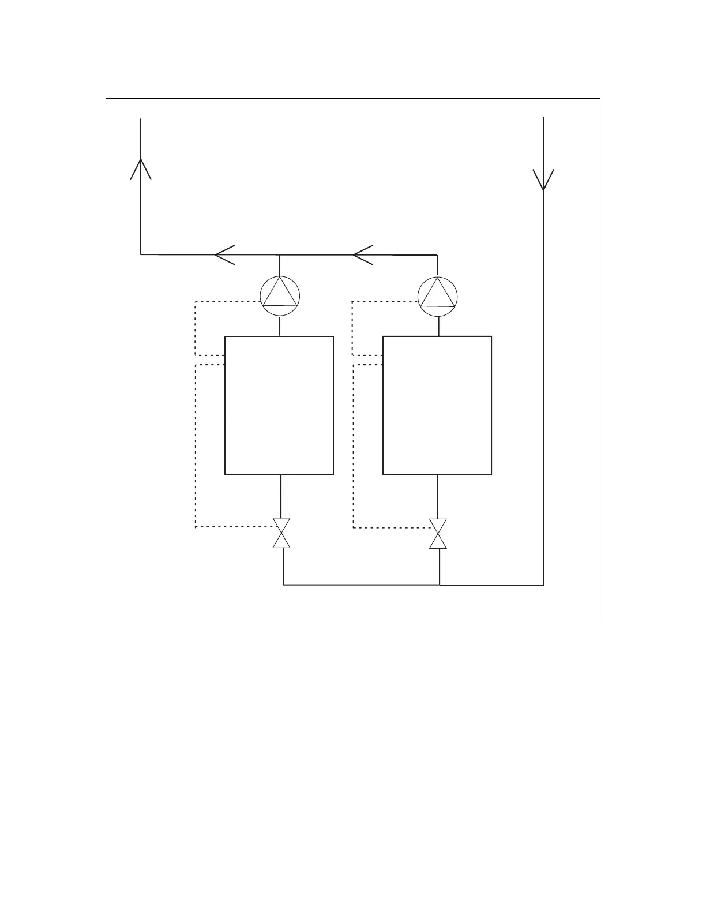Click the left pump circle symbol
(280, 295)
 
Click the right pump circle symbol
(438, 296)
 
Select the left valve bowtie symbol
(281, 533)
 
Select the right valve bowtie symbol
(438, 533)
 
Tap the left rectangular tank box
(279, 405)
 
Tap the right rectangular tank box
(437, 405)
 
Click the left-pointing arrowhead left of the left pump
(224, 254)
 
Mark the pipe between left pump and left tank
(280, 326)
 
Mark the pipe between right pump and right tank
(438, 326)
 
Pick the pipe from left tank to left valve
(281, 496)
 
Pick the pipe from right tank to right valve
(438, 496)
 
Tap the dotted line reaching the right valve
(392, 527)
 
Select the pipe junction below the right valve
(440, 585)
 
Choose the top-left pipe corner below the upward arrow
(141, 254)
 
